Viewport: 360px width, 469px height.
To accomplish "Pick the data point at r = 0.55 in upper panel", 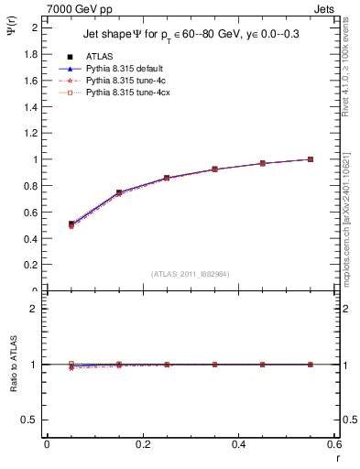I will (311, 159).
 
